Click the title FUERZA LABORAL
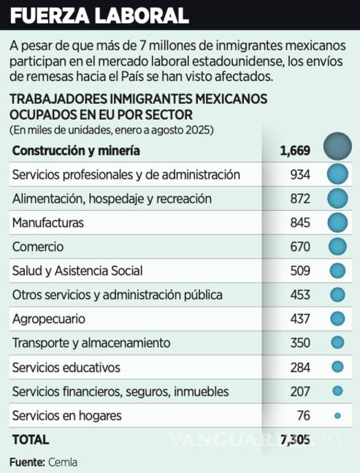[99, 15]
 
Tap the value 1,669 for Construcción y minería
[296, 151]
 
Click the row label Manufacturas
[47, 223]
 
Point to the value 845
[300, 223]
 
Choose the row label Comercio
[38, 247]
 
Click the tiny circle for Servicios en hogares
[337, 415]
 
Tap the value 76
[304, 415]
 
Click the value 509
[300, 271]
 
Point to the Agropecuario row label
[49, 319]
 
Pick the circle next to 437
[337, 319]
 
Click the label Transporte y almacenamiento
[91, 343]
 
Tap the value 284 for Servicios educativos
[300, 367]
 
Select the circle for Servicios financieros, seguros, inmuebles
[337, 391]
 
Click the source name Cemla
[63, 461]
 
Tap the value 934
[300, 174]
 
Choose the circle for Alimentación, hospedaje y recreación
[337, 199]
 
